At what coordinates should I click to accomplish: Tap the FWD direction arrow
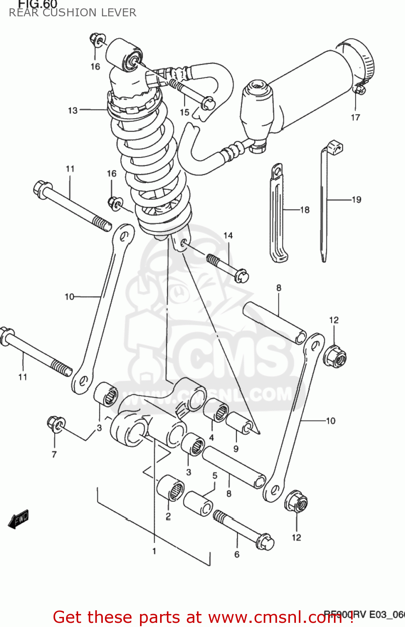click(18, 519)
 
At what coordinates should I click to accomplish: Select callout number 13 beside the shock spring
click(73, 110)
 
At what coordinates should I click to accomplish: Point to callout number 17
click(355, 117)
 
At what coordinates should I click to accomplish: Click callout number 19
click(357, 200)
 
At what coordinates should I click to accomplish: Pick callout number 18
click(305, 210)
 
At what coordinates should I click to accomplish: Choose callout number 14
click(228, 236)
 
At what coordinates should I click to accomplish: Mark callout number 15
click(184, 112)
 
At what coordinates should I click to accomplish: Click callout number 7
click(54, 454)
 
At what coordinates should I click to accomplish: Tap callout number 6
click(237, 554)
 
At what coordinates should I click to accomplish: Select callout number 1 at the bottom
click(154, 551)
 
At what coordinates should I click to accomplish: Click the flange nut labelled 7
click(55, 424)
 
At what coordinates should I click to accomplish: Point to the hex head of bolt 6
click(265, 542)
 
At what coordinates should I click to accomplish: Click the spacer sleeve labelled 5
click(199, 503)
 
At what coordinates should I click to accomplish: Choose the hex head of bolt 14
click(241, 276)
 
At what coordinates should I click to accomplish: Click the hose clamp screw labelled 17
click(359, 89)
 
